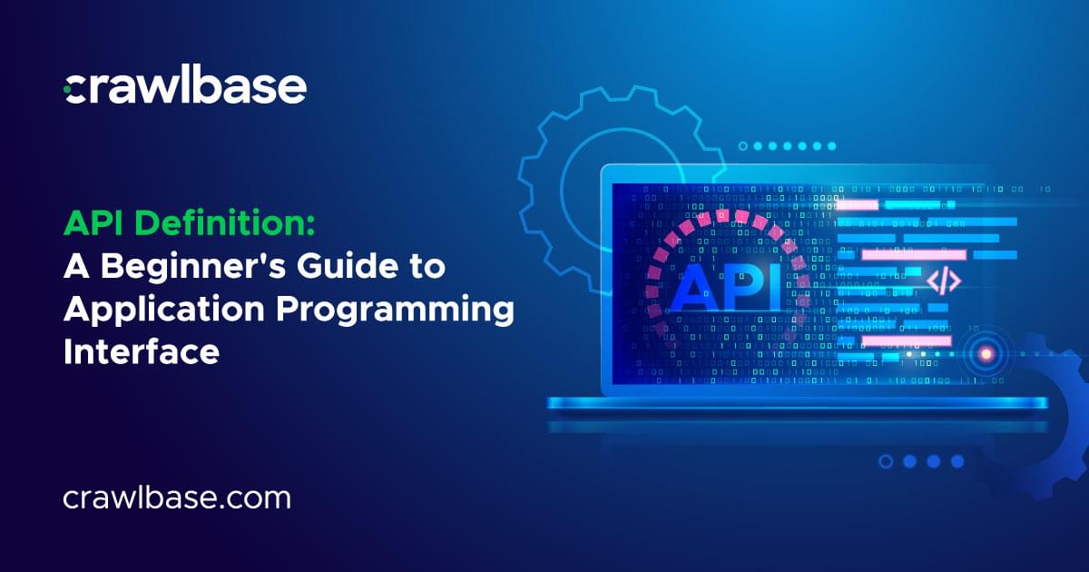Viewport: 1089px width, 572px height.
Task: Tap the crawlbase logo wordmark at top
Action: [185, 87]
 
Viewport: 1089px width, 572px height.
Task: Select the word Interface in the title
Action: [141, 351]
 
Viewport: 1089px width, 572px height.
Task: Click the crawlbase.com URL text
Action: [177, 498]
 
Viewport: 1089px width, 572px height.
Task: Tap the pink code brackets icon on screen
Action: [944, 281]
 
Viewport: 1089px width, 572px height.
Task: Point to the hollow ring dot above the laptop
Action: [743, 145]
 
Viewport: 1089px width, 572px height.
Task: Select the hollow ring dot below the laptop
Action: [885, 461]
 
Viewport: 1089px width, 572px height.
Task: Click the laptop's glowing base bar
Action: [799, 402]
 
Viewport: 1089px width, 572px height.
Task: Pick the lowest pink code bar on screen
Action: [905, 340]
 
